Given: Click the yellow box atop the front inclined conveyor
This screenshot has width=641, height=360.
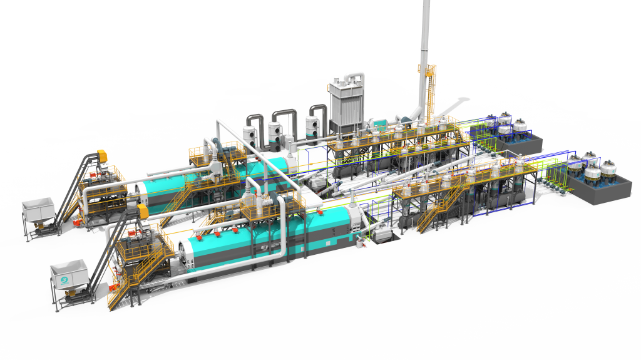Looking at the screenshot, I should click(143, 212).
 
